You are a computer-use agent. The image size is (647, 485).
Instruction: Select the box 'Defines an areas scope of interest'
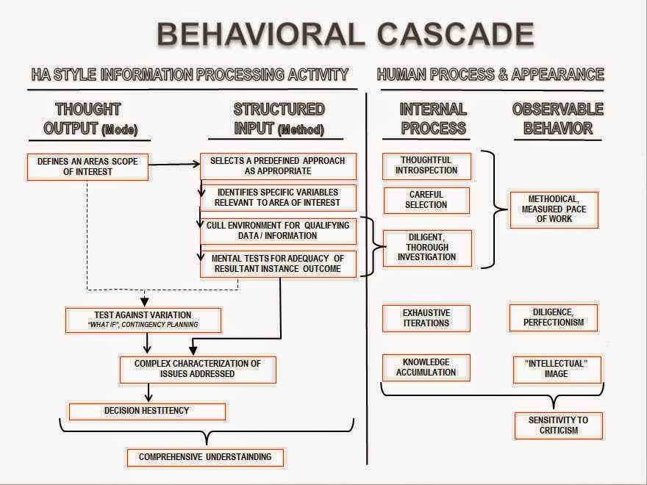[87, 166]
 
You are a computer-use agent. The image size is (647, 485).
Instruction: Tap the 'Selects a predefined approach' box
[278, 165]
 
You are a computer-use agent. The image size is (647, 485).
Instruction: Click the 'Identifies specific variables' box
[278, 198]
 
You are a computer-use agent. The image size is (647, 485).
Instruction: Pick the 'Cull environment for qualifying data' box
[278, 231]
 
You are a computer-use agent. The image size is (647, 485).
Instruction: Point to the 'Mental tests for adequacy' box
[278, 264]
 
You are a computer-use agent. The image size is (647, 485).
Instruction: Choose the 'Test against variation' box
[143, 319]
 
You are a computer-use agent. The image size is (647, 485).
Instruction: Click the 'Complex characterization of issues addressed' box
[198, 369]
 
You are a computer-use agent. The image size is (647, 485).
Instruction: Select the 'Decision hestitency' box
[147, 411]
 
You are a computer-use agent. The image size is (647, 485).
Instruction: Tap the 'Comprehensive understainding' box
[205, 457]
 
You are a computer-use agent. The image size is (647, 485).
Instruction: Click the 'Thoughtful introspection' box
[426, 165]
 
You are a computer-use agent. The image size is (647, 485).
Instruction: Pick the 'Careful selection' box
[426, 200]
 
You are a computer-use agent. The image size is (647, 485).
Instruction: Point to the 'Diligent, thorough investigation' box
[426, 247]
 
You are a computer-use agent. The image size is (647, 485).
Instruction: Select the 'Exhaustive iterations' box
[426, 317]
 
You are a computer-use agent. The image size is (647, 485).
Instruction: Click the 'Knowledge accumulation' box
[426, 367]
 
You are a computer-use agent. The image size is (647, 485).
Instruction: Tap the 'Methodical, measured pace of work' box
[554, 209]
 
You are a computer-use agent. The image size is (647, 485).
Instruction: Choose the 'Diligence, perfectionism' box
[554, 317]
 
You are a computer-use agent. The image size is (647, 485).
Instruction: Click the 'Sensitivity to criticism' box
[559, 425]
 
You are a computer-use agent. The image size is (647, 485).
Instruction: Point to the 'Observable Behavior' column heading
[557, 118]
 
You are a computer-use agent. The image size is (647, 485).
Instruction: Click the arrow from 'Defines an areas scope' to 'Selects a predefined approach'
[174, 166]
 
